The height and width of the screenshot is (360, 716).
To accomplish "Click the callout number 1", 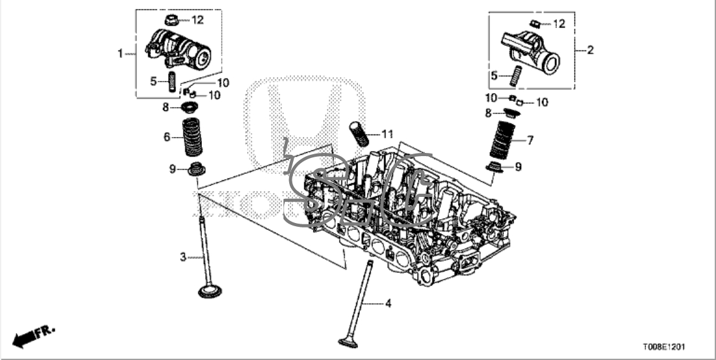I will tap(120, 54).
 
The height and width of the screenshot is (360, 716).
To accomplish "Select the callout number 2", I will tap(590, 50).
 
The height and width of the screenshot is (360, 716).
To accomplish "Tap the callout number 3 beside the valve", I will tap(183, 257).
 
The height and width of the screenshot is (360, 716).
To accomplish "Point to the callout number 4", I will tap(387, 304).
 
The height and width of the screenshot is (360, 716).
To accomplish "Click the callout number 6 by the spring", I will tap(166, 136).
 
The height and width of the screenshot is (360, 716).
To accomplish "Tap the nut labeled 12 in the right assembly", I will tap(536, 24).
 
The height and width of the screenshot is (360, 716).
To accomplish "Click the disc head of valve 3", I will tap(211, 292).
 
